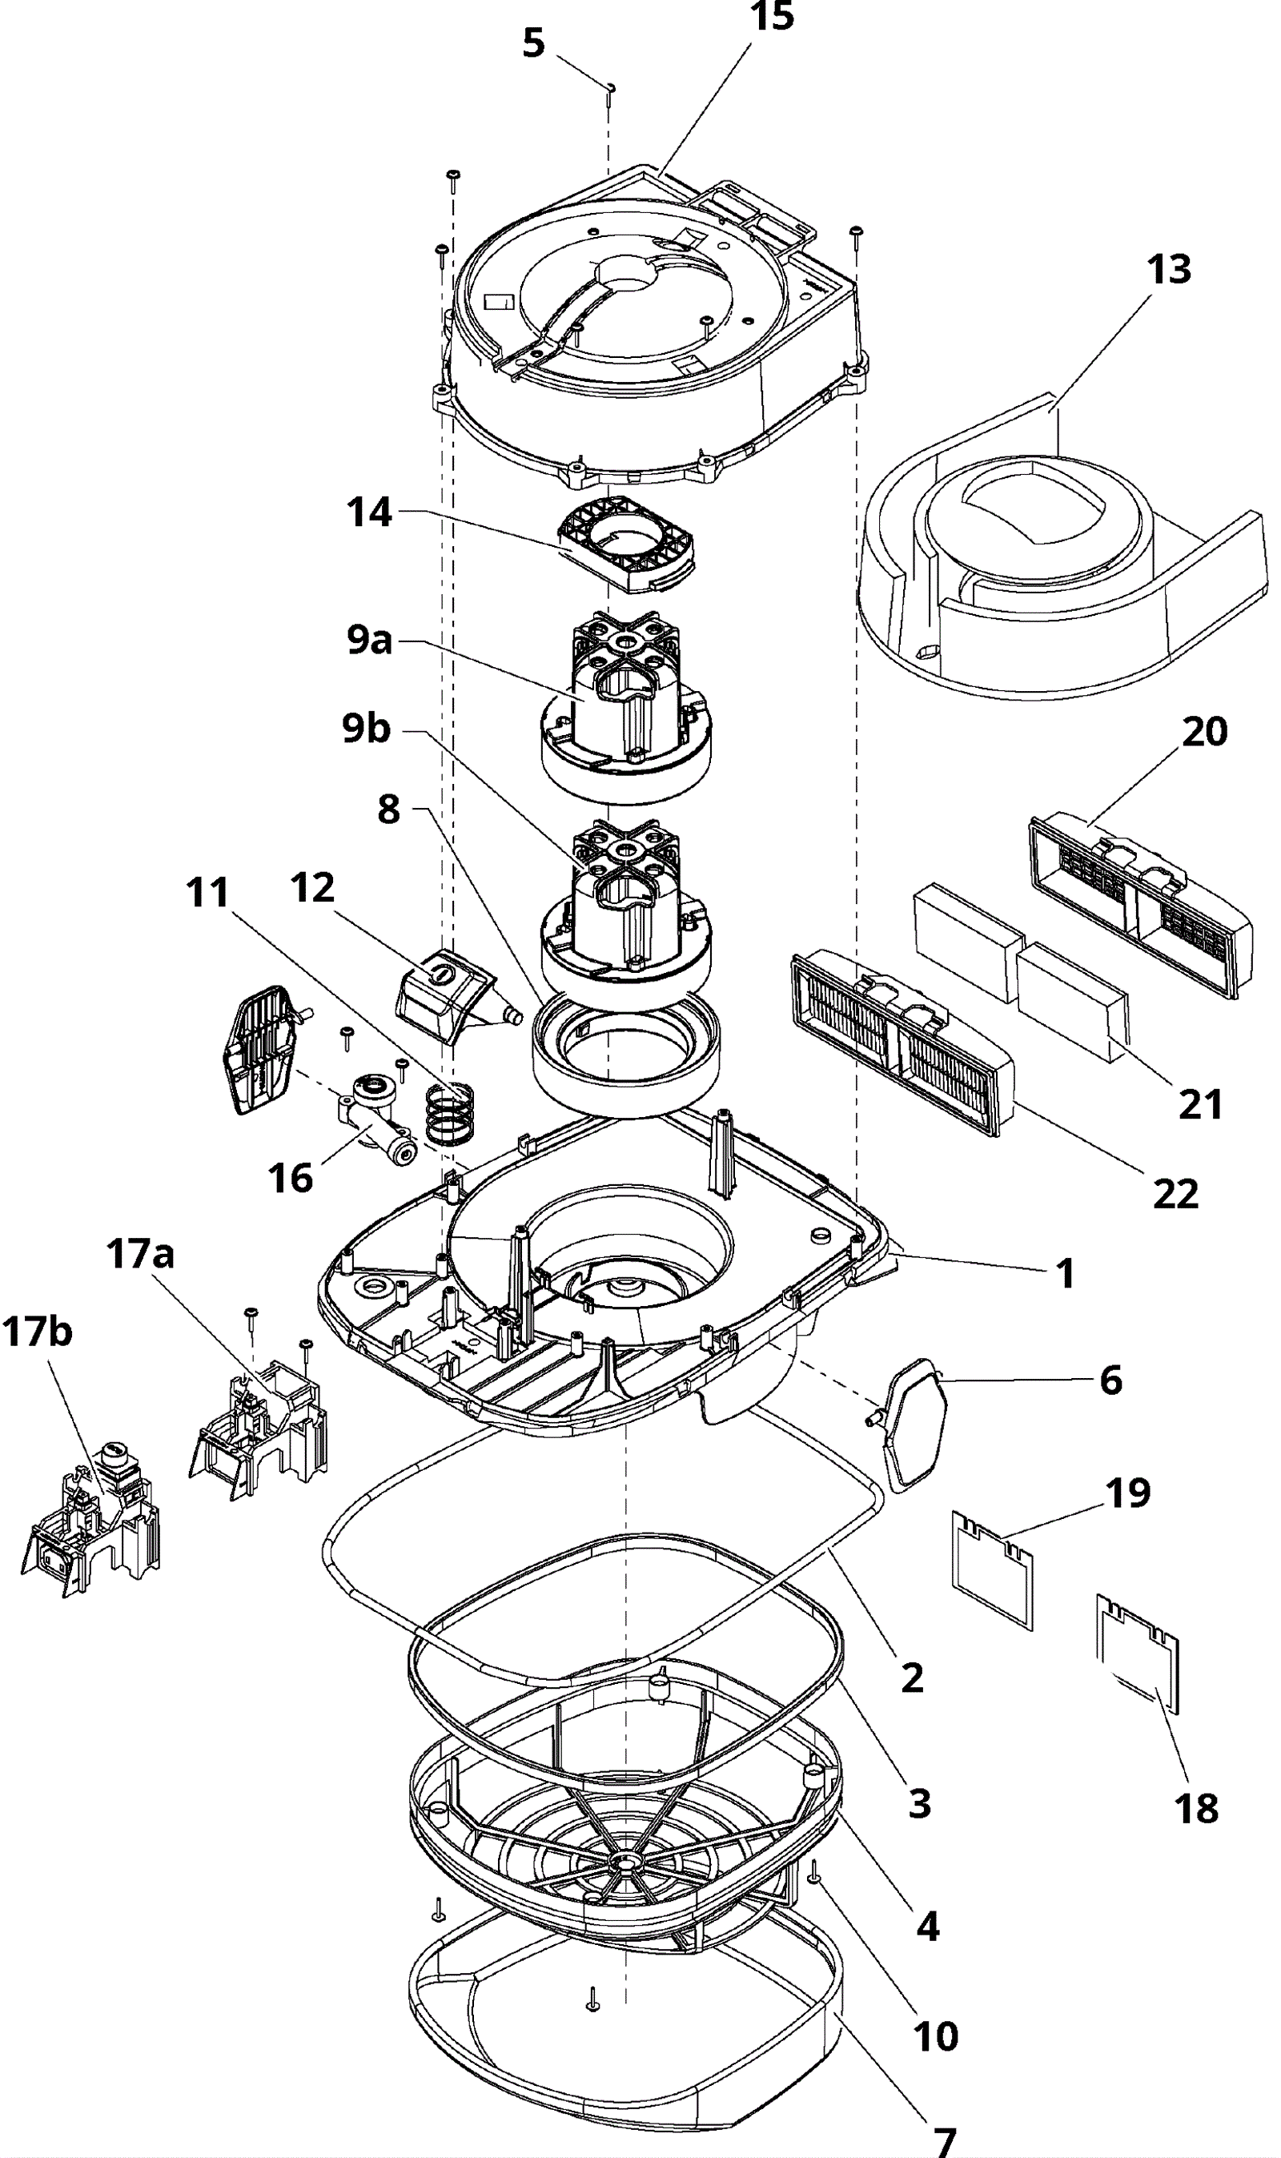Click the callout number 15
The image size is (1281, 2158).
772,18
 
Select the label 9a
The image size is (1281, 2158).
369,641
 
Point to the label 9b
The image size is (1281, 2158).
366,729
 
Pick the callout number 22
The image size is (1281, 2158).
1175,1195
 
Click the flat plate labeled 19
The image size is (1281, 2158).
993,1573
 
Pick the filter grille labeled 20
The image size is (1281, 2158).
1139,906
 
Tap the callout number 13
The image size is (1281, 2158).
1169,270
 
